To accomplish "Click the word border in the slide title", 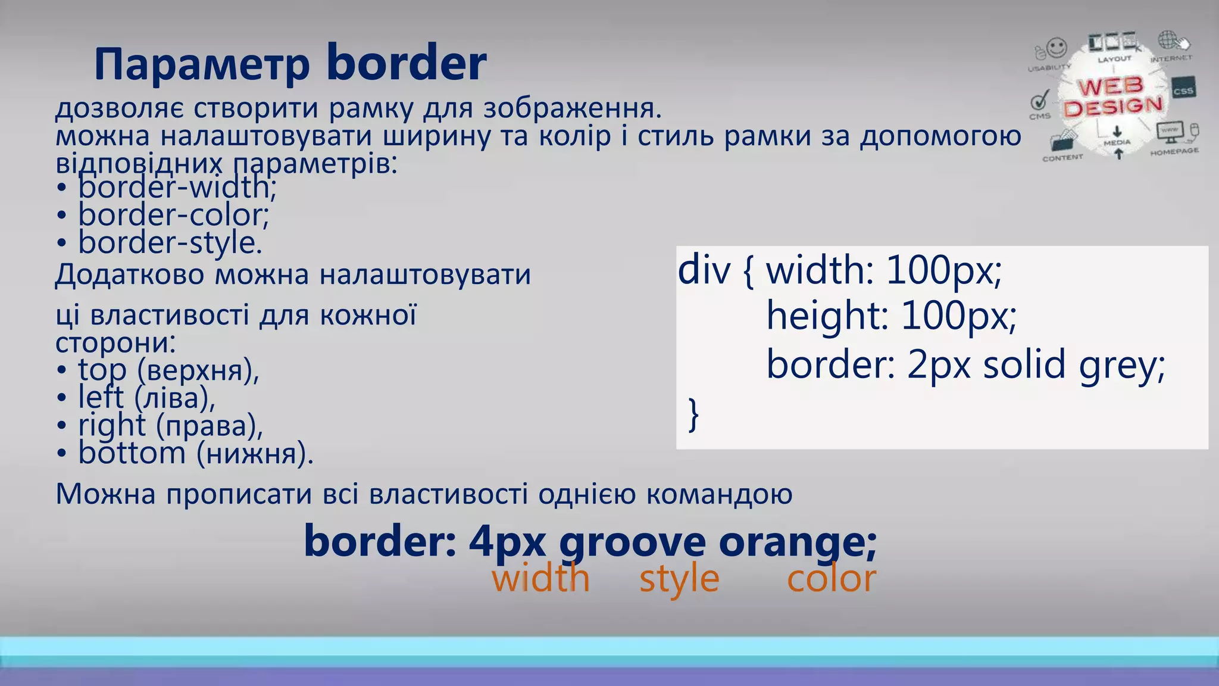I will (407, 63).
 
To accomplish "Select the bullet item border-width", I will (176, 188).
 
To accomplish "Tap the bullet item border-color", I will (173, 215).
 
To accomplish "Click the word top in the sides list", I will (102, 370).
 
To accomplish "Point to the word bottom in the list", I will (132, 453).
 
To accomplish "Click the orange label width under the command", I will (540, 578).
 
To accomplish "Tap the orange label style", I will (679, 579).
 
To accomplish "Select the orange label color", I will (831, 578).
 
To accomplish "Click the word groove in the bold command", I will (632, 542).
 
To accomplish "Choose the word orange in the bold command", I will (796, 542).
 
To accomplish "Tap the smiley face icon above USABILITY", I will (1057, 47).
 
